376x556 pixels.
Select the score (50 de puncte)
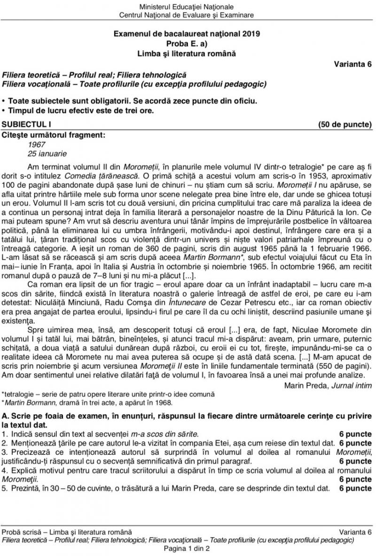point(345,124)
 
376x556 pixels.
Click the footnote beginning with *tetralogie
point(108,394)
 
